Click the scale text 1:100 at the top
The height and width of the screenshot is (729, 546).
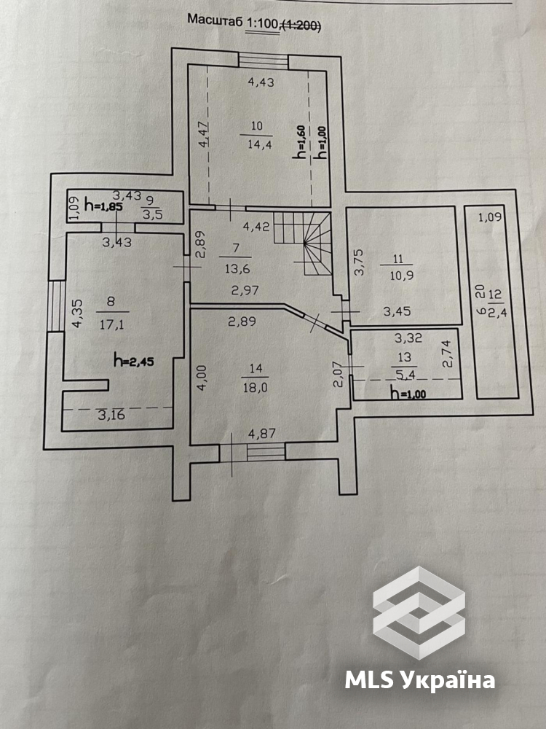coord(262,22)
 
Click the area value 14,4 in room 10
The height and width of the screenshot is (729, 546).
coord(260,144)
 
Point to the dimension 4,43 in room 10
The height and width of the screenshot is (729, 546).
coord(261,82)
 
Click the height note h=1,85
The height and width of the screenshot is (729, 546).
coord(104,206)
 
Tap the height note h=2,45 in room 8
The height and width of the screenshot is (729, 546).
coord(134,360)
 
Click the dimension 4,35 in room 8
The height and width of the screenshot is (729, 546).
coord(78,313)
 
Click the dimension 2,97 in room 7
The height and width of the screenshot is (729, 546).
coord(246,290)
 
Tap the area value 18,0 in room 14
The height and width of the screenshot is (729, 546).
coord(254,387)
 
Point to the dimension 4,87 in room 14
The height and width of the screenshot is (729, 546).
coord(262,434)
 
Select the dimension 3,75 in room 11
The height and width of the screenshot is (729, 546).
coord(360,262)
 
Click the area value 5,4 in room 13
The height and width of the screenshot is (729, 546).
coord(403,374)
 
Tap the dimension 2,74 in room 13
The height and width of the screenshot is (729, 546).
coord(447,354)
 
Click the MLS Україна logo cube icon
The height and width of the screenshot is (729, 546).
coord(419,612)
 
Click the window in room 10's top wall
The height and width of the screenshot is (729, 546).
coord(264,61)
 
